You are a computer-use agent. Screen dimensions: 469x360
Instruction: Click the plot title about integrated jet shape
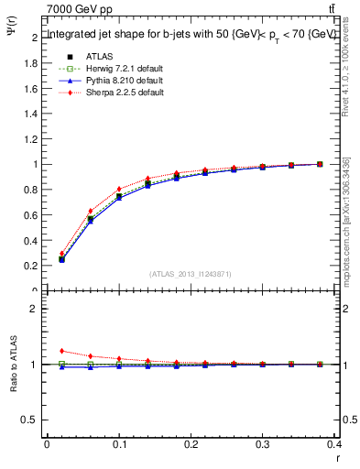click(191, 34)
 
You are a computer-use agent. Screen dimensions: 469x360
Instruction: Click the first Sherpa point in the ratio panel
click(61, 351)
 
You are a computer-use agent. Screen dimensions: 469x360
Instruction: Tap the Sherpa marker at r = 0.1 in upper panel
click(119, 190)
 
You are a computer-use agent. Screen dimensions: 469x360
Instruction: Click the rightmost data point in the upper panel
click(320, 164)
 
